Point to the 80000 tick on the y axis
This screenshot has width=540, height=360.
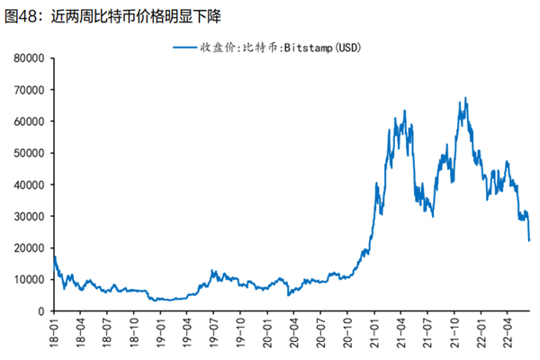click(29, 58)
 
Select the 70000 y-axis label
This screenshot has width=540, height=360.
click(29, 90)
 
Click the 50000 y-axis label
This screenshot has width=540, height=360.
click(29, 153)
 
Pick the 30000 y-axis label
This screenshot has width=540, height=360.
click(29, 216)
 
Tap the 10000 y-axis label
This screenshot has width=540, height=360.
click(29, 279)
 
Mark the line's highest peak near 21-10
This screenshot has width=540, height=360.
click(465, 98)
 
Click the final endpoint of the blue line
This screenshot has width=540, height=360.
click(529, 240)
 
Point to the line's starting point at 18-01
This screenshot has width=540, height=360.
click(54, 257)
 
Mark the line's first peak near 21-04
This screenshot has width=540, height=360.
click(405, 111)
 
